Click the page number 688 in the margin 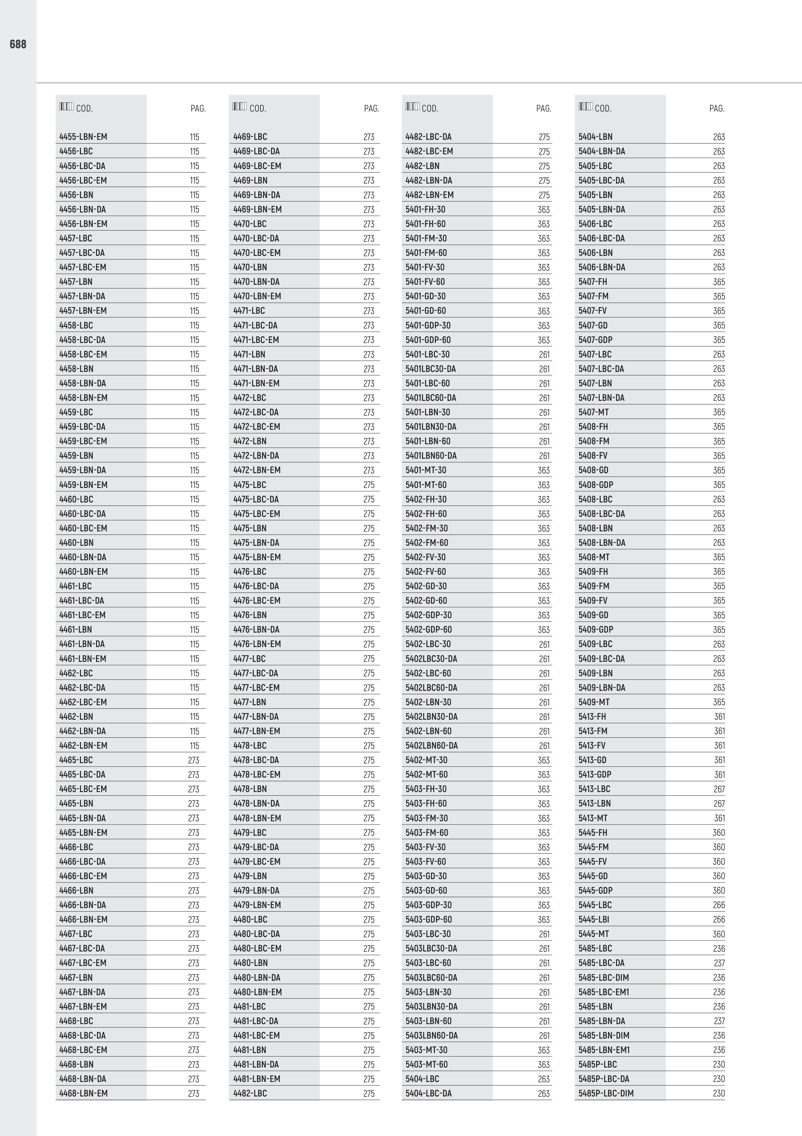pos(18,45)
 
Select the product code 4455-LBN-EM pos(83,137)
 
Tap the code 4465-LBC pos(76,760)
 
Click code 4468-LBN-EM pos(83,1094)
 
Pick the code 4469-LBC pos(250,137)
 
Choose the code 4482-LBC pos(250,1094)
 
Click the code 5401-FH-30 pos(425,209)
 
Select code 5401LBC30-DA pos(431,369)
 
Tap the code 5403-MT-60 pos(426,1064)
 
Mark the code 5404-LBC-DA pos(429,1094)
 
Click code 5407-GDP pos(595,340)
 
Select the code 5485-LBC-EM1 pos(604,992)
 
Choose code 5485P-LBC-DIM pos(606,1094)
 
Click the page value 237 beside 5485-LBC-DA pos(719,963)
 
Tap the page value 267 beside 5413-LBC pos(719,789)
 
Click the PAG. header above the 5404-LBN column pos(717,108)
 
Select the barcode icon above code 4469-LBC pos(239,106)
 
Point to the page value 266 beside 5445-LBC pos(719,905)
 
